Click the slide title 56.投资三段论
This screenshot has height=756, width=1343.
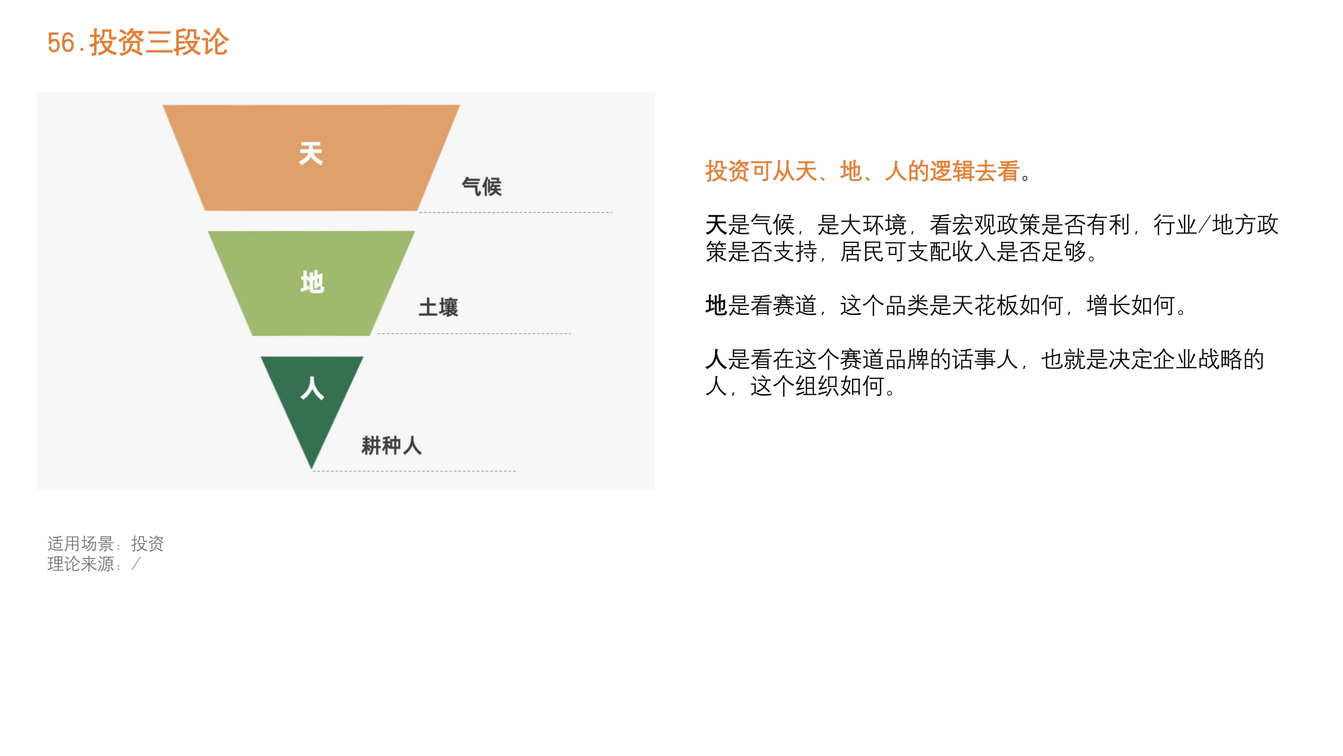coord(137,42)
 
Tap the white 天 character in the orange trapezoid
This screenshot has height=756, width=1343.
coord(311,154)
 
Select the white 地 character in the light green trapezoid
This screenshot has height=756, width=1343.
coord(312,282)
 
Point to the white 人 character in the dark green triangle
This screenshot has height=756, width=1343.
coord(312,388)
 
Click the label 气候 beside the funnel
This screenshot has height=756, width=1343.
coord(482,187)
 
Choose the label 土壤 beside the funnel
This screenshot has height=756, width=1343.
coord(439,307)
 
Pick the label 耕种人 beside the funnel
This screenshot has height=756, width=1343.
coord(392,446)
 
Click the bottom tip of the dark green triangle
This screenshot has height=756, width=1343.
coord(312,469)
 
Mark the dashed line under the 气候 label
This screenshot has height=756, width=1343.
coord(516,212)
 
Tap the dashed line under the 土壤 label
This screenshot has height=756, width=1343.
coord(474,333)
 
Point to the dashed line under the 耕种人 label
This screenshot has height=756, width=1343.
coord(414,471)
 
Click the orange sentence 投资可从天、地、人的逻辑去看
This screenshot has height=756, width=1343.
coord(862,171)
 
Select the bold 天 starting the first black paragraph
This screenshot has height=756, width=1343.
coord(716,225)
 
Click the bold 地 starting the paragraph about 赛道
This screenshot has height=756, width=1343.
coord(716,305)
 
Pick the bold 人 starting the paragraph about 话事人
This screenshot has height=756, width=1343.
coord(716,359)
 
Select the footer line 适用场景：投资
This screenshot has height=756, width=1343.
coord(106,544)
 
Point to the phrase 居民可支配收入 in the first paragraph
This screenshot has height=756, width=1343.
coord(918,252)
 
